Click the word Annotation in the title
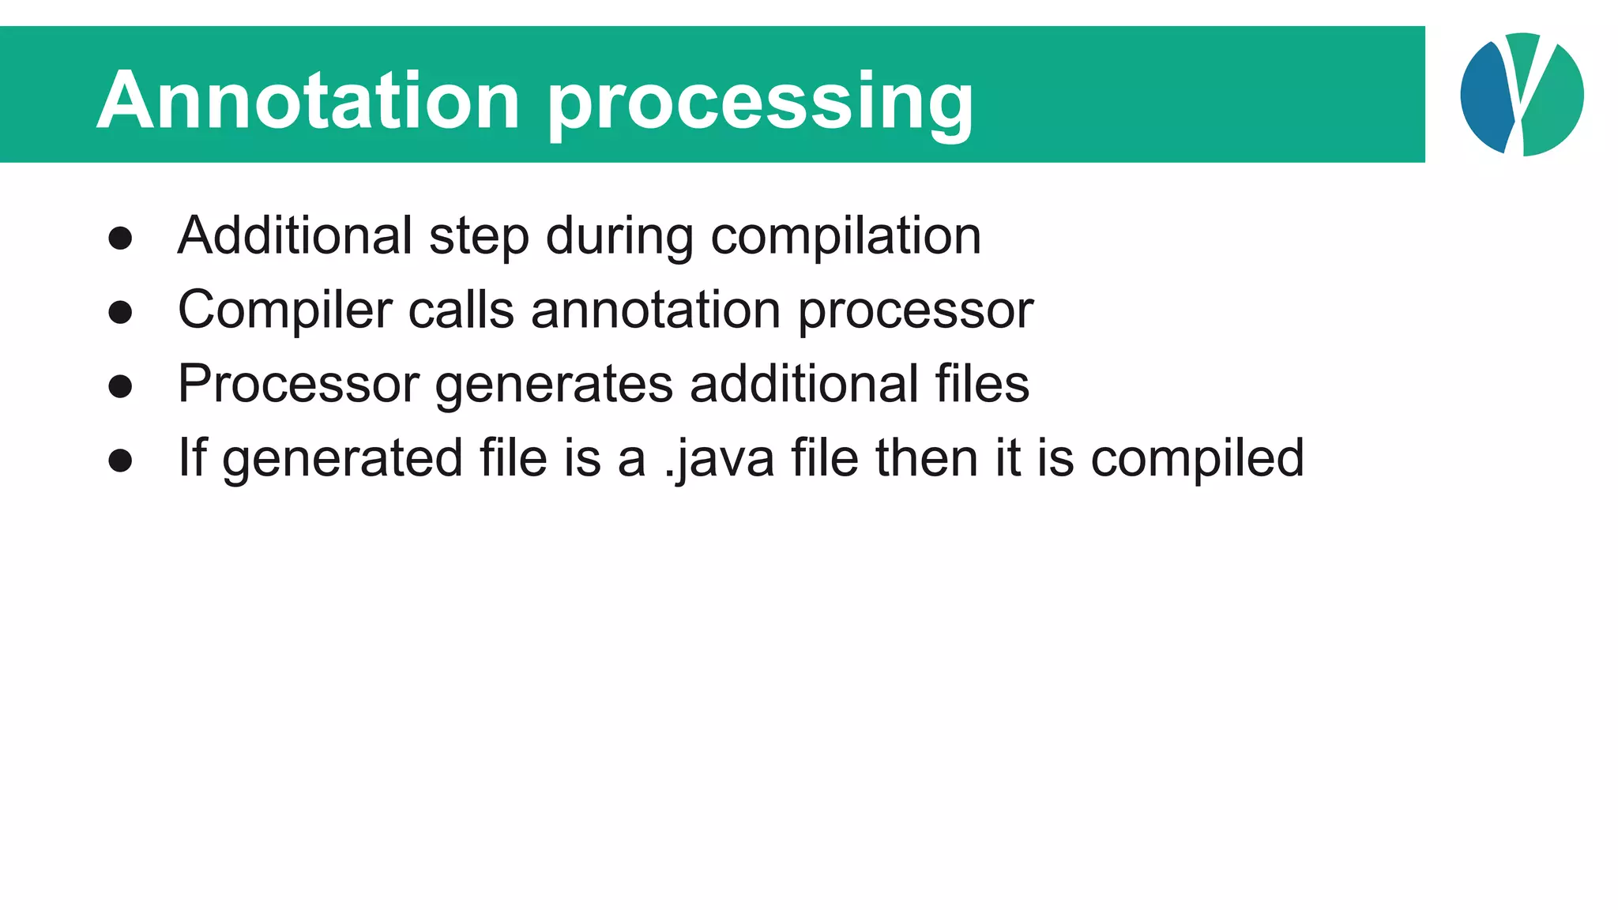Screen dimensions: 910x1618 [308, 100]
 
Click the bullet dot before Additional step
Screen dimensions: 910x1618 [120, 238]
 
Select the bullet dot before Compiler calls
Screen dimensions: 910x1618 [120, 312]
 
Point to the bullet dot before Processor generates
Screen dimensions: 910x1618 [120, 386]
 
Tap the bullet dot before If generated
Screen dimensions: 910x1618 [120, 461]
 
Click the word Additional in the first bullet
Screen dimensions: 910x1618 [295, 235]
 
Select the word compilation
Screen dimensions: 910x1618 [845, 237]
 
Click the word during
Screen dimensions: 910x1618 [619, 237]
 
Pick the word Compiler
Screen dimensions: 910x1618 [284, 310]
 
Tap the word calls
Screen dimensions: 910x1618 [461, 309]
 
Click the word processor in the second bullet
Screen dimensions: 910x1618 [915, 310]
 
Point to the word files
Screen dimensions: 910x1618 [982, 383]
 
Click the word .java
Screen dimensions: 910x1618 [719, 459]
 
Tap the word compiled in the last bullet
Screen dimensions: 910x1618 [1197, 459]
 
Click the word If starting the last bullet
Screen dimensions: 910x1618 [192, 457]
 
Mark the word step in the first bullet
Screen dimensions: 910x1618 [479, 237]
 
